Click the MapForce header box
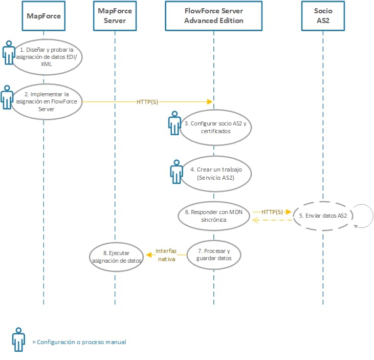pos(44,16)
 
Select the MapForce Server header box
pos(115,16)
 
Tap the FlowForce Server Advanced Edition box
pos(214,16)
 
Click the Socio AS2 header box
pos(323,16)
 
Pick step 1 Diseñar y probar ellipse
pos(47,57)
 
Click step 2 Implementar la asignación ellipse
pos(47,101)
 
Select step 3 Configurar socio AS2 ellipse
pos(215,127)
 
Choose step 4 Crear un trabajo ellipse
pos(215,173)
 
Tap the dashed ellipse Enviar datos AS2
pos(323,216)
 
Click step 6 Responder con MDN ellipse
pos(214,216)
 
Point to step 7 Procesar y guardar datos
pos(214,255)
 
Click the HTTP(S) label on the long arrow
pos(147,102)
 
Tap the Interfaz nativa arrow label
pos(166,255)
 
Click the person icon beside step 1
pos(8,53)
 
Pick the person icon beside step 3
pos(174,124)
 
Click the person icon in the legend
pos(19,339)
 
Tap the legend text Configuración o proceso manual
pos(79,342)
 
